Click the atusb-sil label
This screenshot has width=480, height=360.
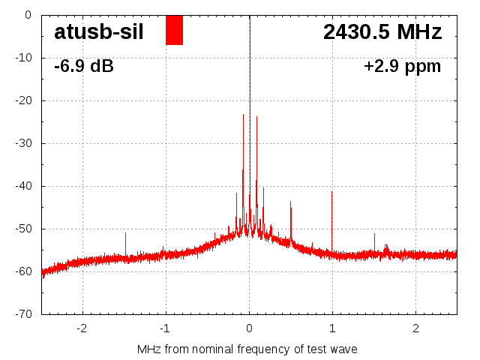98,32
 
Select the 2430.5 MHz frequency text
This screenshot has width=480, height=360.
382,32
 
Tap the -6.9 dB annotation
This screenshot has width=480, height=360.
84,67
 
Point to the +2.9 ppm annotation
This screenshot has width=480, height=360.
402,67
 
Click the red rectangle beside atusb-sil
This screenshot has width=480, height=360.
174,30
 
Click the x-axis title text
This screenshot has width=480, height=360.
247,349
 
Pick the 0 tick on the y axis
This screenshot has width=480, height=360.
27,15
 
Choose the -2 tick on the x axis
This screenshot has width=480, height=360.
82,328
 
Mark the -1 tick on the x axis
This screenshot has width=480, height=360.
165,328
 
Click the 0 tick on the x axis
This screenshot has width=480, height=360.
249,328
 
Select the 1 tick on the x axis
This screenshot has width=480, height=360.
332,328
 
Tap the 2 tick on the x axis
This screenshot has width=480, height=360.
415,328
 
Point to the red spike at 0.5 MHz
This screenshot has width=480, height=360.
291,217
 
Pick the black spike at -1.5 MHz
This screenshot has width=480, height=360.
125,243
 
